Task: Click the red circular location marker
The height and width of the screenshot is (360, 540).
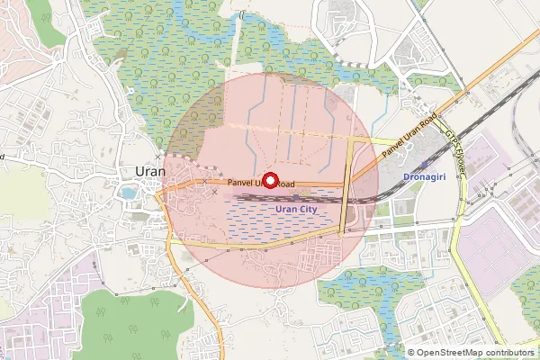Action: (x=269, y=180)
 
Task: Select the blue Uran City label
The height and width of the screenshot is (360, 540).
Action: (x=296, y=209)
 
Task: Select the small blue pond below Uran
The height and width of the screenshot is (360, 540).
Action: (x=128, y=193)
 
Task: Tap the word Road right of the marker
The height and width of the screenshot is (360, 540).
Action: (x=285, y=184)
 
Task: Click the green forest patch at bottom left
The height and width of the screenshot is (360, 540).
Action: (x=135, y=319)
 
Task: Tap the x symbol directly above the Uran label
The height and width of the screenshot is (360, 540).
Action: (x=157, y=157)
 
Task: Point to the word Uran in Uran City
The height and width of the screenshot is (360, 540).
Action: (x=285, y=209)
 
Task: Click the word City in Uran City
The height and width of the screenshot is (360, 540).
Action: (x=308, y=209)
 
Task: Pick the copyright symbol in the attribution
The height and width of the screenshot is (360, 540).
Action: (x=411, y=353)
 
